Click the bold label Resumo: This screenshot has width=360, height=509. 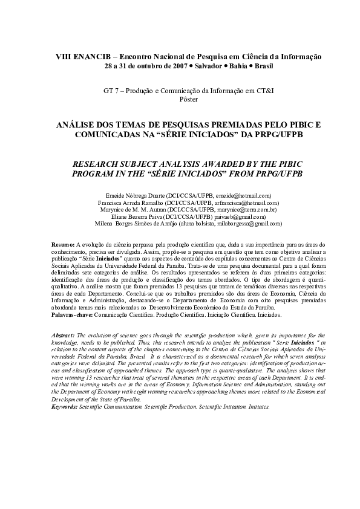(x=63, y=243)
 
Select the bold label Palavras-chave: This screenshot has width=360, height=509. (x=71, y=316)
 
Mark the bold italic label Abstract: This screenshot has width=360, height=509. (x=64, y=334)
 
